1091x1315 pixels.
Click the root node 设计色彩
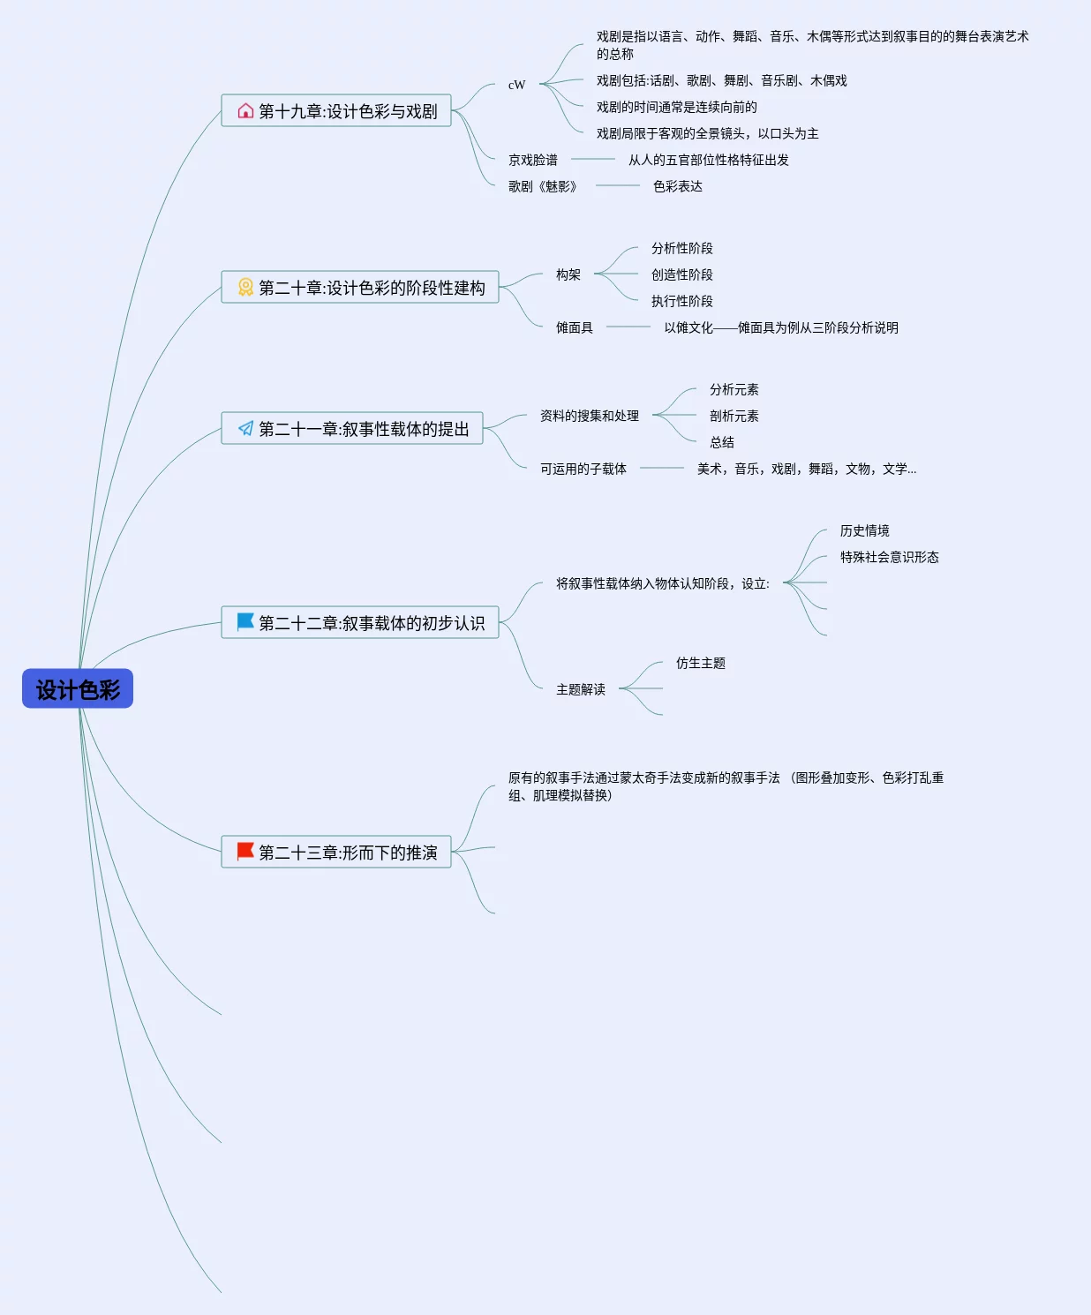coord(78,689)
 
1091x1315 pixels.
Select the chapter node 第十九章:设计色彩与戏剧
coord(348,111)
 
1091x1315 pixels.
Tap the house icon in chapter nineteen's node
coord(245,110)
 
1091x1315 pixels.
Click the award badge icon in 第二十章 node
coord(245,287)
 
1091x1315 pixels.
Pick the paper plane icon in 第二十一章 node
coord(245,428)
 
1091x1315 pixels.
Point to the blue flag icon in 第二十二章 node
coord(245,621)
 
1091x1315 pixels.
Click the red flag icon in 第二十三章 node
coord(245,851)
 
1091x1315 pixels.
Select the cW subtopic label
coord(516,85)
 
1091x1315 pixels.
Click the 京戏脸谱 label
coord(533,160)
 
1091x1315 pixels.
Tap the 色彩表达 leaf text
coord(678,186)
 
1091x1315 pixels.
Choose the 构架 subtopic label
coord(568,274)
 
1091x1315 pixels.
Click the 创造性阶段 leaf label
coord(682,274)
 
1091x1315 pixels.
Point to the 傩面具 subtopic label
coord(575,327)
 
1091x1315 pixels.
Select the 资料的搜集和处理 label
coord(590,416)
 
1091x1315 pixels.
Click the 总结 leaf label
coord(722,442)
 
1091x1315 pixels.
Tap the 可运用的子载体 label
coord(583,469)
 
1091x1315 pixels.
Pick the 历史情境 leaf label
coord(865,530)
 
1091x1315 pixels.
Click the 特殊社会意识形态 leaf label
coord(890,557)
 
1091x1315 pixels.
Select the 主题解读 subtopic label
coord(581,689)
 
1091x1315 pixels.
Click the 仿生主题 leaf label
coord(701,663)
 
